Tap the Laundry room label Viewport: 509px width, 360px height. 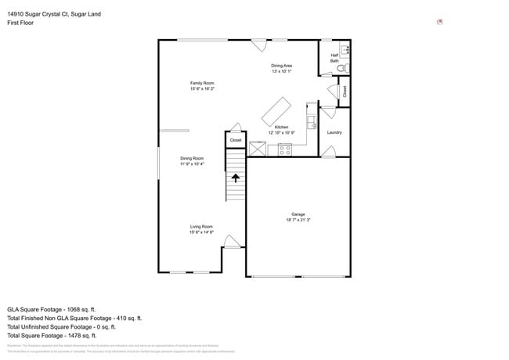334,132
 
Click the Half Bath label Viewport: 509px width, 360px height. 334,57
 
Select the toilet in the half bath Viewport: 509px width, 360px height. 341,69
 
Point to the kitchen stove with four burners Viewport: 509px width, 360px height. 284,149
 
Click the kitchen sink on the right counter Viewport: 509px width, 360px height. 311,122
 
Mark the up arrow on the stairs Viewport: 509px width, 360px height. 236,178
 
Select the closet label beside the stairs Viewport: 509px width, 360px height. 236,140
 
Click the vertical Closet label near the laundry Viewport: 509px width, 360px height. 345,91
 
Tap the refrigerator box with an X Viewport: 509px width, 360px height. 258,148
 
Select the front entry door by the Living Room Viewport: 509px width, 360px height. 231,242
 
